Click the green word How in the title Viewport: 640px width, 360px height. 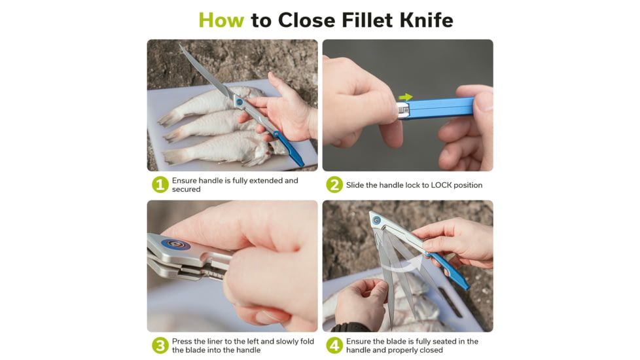click(x=221, y=20)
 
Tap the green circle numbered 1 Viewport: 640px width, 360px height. click(x=160, y=185)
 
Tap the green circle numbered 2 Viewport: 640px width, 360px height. click(x=334, y=185)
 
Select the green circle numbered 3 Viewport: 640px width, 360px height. click(x=160, y=346)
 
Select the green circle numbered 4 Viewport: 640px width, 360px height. click(x=334, y=346)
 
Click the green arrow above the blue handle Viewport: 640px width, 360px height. click(x=406, y=98)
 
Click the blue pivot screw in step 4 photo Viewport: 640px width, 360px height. click(x=376, y=221)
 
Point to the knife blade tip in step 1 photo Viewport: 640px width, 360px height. click(x=181, y=46)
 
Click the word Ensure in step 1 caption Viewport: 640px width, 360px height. click(x=185, y=181)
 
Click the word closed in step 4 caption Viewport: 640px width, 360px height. click(x=430, y=350)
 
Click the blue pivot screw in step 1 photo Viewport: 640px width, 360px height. click(x=240, y=103)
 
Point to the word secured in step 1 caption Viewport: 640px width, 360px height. click(x=187, y=190)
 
